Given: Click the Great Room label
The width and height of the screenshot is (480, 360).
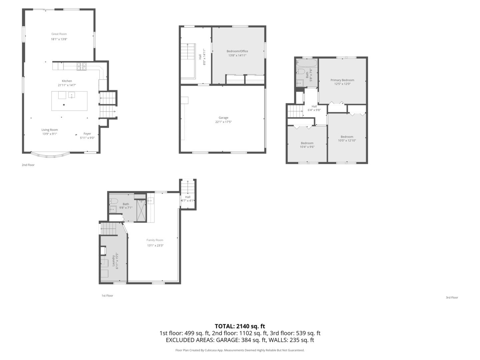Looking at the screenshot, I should pos(59,34).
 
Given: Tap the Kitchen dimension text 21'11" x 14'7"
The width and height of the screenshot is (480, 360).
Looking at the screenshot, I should pos(67,85).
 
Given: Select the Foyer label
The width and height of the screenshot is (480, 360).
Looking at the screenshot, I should pos(87,134).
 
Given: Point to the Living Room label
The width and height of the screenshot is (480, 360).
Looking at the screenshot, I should pos(50,130).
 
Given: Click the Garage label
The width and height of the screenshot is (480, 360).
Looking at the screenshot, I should pos(223,118).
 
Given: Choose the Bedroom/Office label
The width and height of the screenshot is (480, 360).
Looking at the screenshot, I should pos(237,51).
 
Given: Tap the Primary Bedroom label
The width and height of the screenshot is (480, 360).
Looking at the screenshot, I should pos(342,80).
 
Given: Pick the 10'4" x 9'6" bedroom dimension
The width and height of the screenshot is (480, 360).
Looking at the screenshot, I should pos(307,147).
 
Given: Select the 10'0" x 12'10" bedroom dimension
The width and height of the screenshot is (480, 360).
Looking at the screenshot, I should pos(347,140).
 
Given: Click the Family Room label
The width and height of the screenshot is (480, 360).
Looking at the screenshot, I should pos(155,240).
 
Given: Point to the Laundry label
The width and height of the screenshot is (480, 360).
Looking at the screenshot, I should pos(113,261).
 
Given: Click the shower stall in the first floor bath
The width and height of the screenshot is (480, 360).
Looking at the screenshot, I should pos(141,210).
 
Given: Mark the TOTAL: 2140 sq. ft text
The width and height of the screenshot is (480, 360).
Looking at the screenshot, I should pos(240,326).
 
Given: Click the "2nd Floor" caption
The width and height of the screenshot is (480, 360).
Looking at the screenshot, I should pos(28,165).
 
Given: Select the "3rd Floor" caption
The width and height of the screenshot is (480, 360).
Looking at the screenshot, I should pos(452,298).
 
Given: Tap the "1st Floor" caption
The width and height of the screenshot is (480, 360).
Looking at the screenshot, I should pos(107,296).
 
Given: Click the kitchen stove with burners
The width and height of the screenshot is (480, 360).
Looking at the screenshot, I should pos(82,66).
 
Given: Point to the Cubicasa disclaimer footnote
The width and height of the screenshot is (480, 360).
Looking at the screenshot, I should pos(240,350).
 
